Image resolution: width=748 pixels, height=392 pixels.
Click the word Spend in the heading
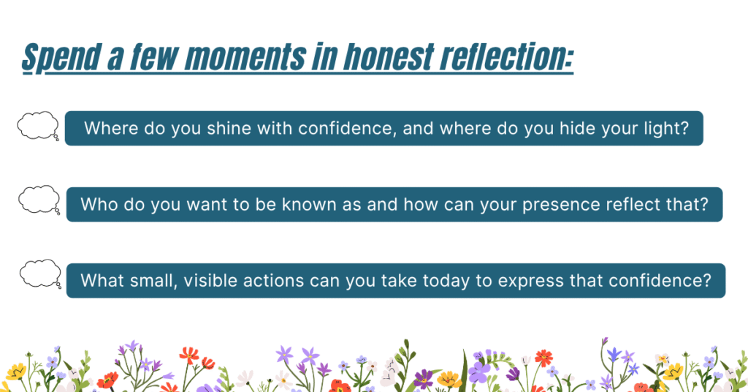(x=62, y=57)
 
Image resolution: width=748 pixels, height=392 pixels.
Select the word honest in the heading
(x=389, y=57)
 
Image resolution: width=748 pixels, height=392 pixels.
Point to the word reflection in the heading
(x=504, y=57)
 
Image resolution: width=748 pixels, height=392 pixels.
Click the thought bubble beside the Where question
(x=38, y=126)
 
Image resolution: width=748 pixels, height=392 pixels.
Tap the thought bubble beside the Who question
(x=39, y=200)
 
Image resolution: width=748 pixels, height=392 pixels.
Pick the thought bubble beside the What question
(x=41, y=274)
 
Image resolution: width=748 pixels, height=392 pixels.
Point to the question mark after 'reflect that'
(x=705, y=204)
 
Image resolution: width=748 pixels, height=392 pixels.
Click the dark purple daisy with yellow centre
(x=423, y=380)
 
